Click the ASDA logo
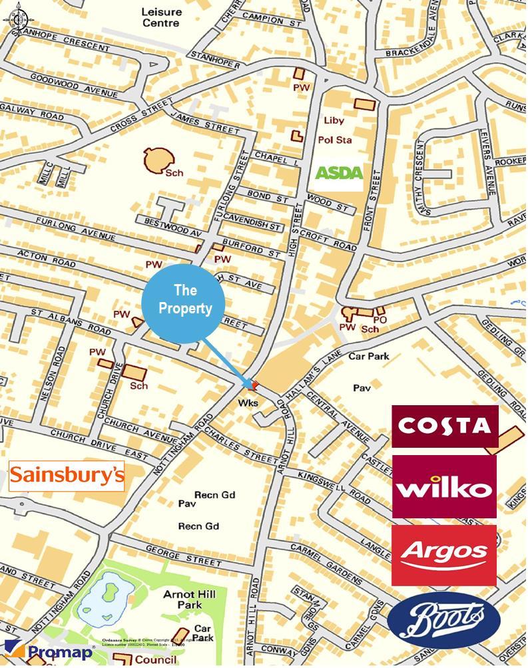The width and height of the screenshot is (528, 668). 339,174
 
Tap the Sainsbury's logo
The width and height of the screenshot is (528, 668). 67,476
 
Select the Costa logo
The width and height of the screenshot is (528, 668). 445,426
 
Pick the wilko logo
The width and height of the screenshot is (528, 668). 444,486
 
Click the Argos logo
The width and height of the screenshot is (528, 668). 443,555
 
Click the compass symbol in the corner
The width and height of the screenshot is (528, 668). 15,16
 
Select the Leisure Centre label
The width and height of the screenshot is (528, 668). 160,17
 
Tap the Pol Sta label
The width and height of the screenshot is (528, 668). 334,140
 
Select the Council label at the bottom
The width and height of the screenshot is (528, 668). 155,660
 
